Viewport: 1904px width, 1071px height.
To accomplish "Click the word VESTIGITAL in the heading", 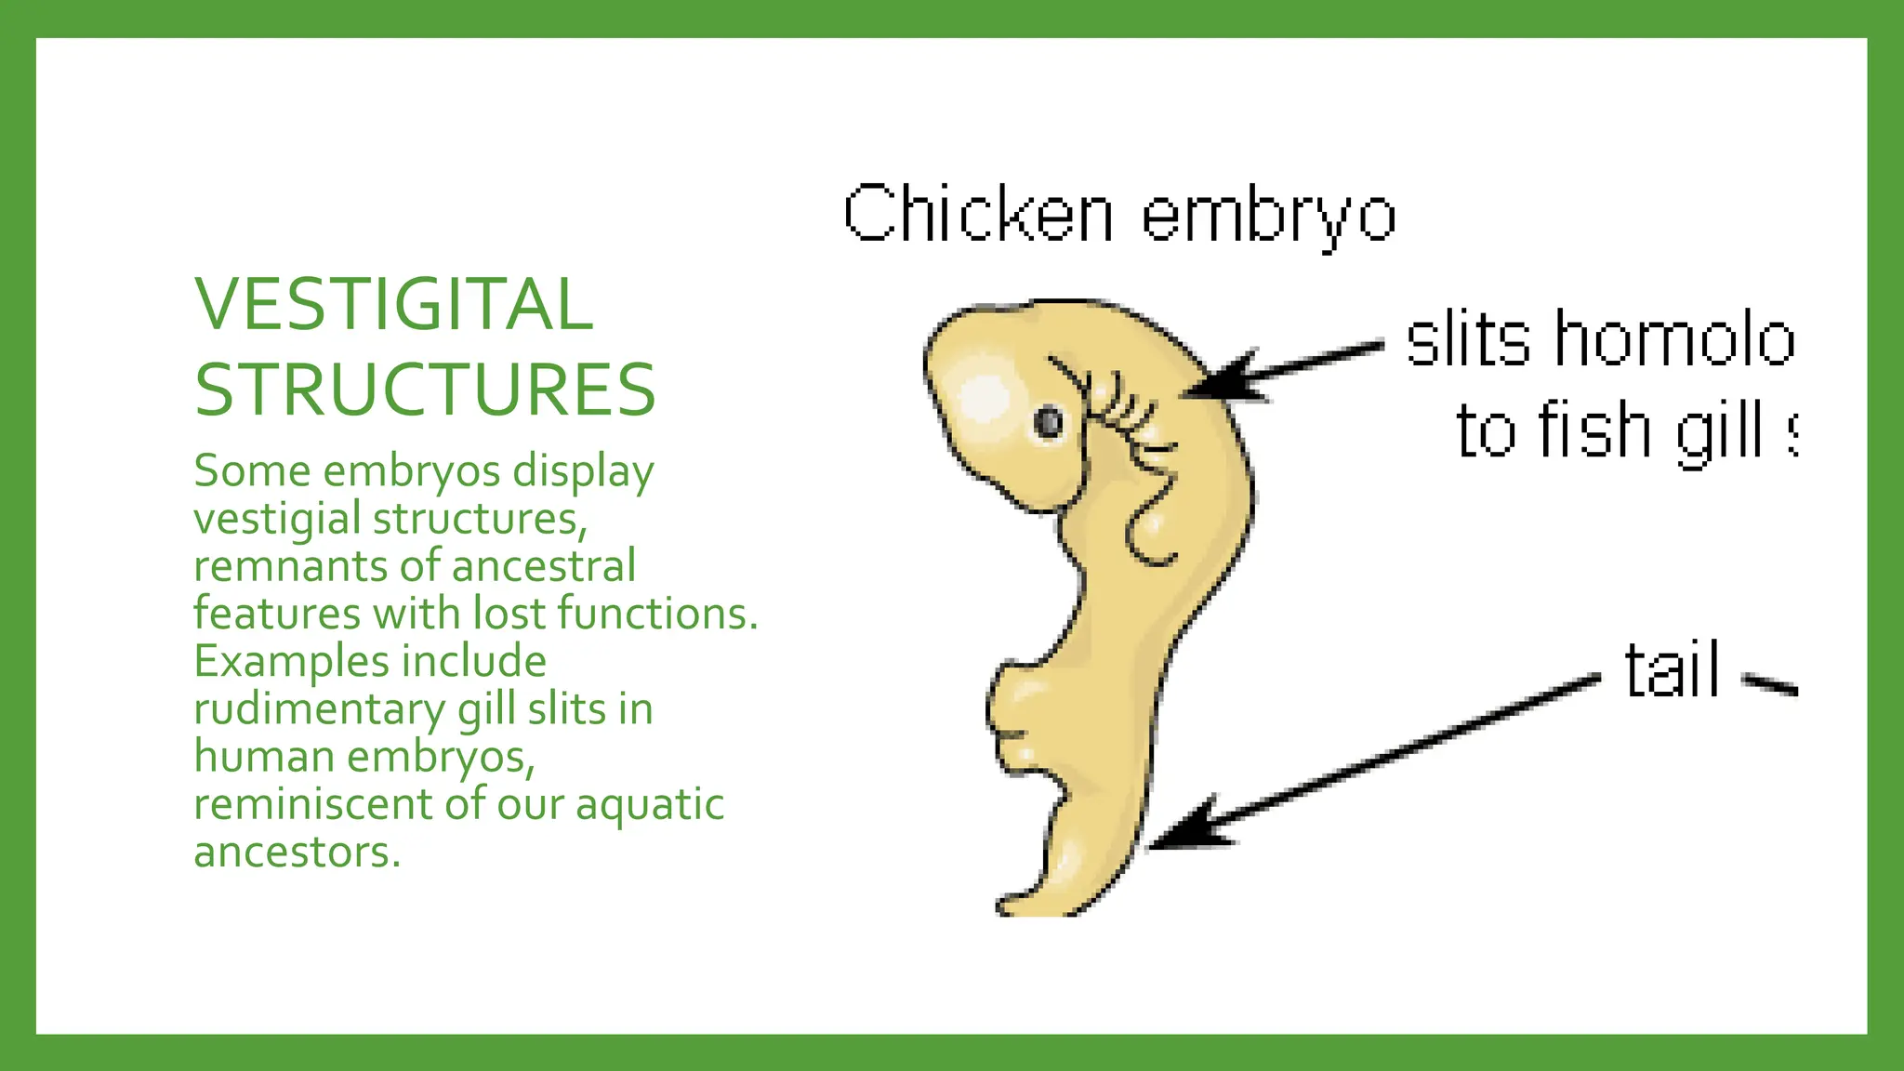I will [x=393, y=305].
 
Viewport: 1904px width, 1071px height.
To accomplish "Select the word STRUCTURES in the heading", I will [x=425, y=390].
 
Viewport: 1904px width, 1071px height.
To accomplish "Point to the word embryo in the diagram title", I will [x=1268, y=217].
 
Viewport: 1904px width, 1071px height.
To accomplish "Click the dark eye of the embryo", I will [x=1049, y=422].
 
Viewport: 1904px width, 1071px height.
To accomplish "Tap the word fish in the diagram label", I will [x=1596, y=430].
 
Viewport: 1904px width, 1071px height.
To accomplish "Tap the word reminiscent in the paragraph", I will [x=312, y=804].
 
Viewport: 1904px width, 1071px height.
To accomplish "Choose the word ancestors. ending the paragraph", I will [x=297, y=853].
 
